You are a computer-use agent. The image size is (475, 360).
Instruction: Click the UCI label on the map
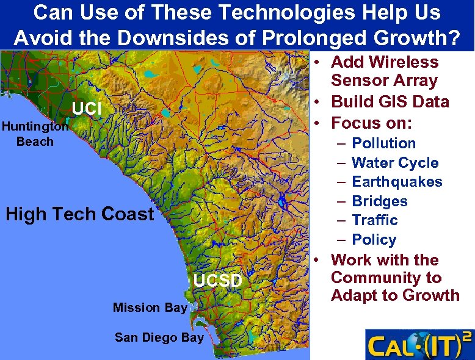pyautogui.click(x=86, y=109)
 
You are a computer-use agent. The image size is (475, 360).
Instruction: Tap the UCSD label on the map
pyautogui.click(x=218, y=281)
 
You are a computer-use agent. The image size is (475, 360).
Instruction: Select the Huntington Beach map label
pyautogui.click(x=35, y=134)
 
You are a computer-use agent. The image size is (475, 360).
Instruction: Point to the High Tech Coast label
pyautogui.click(x=79, y=214)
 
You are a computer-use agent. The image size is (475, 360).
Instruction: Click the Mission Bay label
pyautogui.click(x=150, y=308)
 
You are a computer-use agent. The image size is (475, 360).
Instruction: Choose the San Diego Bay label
pyautogui.click(x=159, y=337)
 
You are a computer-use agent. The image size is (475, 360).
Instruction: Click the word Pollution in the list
pyautogui.click(x=384, y=143)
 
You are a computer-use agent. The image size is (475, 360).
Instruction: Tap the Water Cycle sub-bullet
pyautogui.click(x=395, y=163)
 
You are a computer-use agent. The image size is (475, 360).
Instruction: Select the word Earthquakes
pyautogui.click(x=397, y=182)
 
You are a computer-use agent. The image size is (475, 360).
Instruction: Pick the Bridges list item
pyautogui.click(x=380, y=201)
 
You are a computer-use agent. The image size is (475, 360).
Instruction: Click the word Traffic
pyautogui.click(x=375, y=220)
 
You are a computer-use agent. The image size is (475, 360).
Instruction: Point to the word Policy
pyautogui.click(x=374, y=240)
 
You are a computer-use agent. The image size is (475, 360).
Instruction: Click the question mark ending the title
pyautogui.click(x=454, y=38)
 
